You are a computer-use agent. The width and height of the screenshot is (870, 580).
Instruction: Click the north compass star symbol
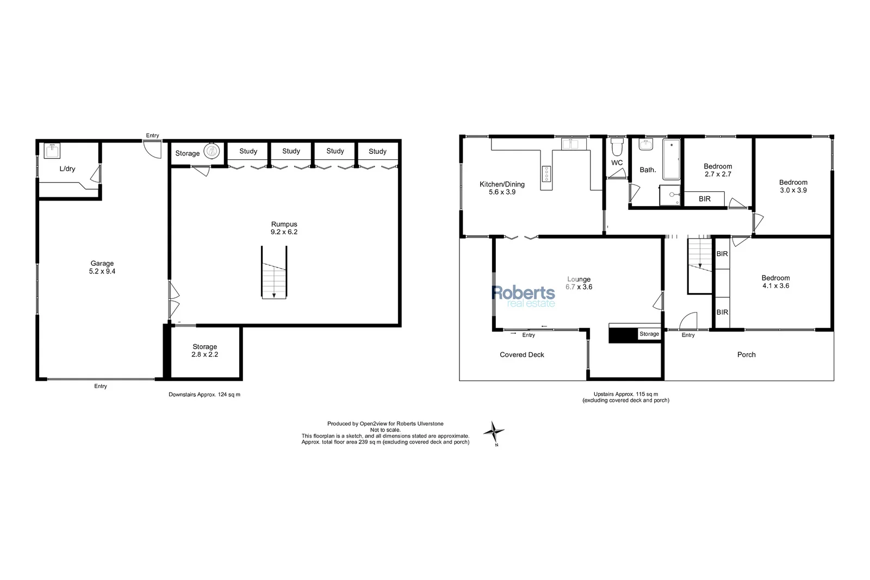pos(494,433)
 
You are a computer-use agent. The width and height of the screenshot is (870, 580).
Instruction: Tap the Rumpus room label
pos(284,224)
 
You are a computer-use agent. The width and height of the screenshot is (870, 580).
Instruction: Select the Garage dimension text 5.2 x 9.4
pos(102,271)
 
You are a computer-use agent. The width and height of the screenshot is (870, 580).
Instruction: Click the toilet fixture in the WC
pos(617,147)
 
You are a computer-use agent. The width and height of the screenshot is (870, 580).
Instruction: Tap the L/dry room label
pos(67,169)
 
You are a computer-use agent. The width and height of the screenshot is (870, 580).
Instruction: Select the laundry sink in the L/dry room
pos(53,149)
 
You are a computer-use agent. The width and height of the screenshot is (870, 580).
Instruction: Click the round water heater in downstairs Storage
pos(212,151)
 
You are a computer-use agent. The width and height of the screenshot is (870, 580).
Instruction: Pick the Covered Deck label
pos(522,354)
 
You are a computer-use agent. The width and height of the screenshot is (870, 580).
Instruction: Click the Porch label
pos(746,354)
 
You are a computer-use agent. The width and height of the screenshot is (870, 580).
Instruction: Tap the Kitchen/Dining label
pos(502,184)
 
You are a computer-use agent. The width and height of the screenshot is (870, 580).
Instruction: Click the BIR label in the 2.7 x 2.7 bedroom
pos(704,199)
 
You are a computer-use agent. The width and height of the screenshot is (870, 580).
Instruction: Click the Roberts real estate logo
pos(523,296)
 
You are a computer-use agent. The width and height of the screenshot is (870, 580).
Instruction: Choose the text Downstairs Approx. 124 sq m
pos(204,395)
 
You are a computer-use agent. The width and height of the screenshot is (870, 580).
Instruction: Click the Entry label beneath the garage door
pos(101,386)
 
